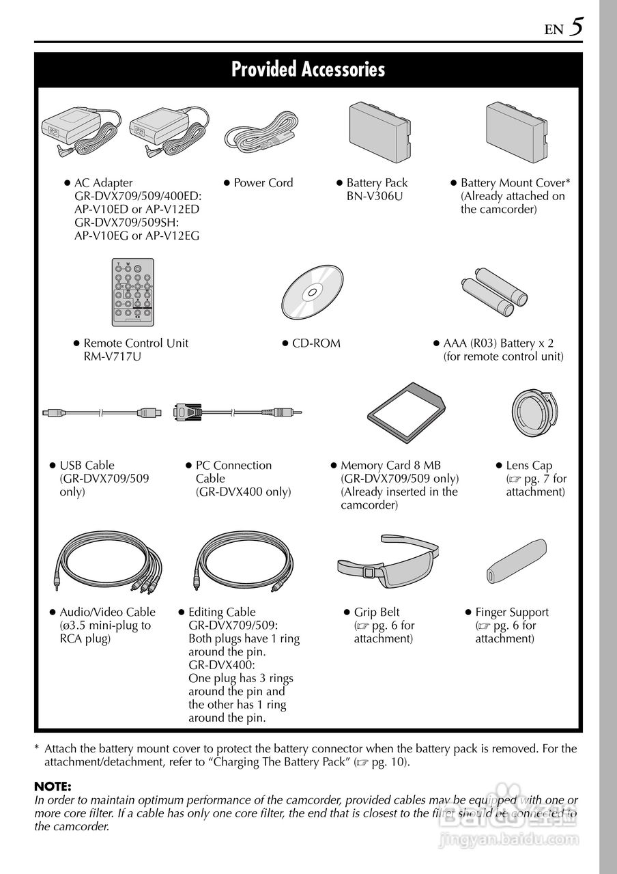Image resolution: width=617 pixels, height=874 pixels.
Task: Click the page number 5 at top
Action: click(x=577, y=27)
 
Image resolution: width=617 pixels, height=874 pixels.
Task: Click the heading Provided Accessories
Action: click(x=308, y=70)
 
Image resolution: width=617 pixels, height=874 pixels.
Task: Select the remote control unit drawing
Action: click(x=132, y=292)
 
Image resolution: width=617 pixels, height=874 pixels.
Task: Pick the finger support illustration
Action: click(x=515, y=561)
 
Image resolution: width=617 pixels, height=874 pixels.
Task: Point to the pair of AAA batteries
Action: click(x=496, y=292)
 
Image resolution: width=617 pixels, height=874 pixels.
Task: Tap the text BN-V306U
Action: click(x=375, y=196)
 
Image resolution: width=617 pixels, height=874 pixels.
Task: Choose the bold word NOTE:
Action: click(x=53, y=787)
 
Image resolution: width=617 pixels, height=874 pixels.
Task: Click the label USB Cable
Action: click(x=87, y=466)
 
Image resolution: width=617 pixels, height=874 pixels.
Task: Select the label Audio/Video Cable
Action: click(x=107, y=612)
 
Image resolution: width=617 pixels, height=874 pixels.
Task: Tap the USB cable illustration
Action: click(x=101, y=412)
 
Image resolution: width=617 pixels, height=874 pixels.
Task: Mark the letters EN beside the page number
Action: click(x=554, y=30)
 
